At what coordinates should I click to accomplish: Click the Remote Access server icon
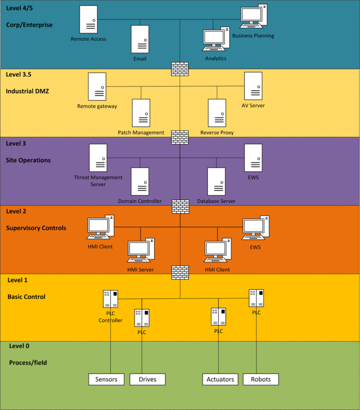coord(89,19)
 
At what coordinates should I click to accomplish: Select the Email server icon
coord(140,39)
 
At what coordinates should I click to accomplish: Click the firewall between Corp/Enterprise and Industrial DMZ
coord(180,69)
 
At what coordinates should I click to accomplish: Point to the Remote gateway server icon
coord(97,87)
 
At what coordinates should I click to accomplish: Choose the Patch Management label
coord(141,133)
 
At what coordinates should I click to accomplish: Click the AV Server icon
coord(253,86)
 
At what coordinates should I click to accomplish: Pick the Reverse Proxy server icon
coord(217,112)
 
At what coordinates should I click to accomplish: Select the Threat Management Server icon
coord(98,158)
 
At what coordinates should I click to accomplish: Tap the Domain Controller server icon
coord(140,181)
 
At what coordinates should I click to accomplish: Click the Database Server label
coord(216,201)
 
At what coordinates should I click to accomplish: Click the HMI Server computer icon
coord(141,251)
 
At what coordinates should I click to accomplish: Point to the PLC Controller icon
coord(111,299)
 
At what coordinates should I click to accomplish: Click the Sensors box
coord(106,379)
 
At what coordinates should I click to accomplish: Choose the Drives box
coord(148,379)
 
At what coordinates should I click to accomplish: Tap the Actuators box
coord(220,379)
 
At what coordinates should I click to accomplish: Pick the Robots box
coord(261,379)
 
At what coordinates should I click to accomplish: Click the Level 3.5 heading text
coord(19,74)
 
